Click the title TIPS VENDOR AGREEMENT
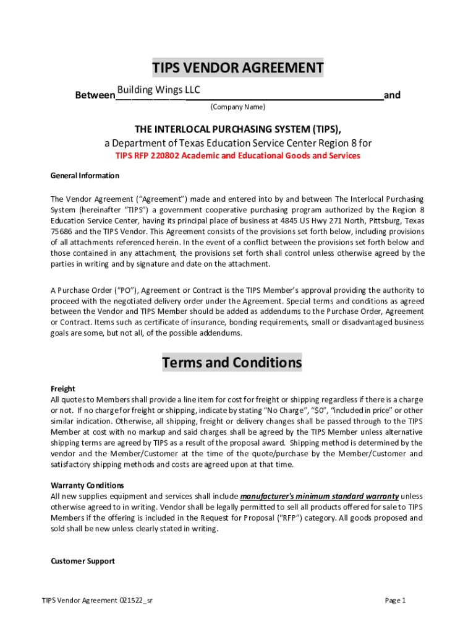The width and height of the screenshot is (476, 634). (238, 68)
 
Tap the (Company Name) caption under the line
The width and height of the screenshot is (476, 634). (237, 107)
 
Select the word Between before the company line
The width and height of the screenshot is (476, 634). (95, 95)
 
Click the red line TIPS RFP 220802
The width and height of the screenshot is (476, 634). (238, 155)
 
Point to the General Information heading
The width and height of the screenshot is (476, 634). (85, 175)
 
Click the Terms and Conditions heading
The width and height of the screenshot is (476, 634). (232, 362)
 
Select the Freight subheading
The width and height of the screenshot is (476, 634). (62, 389)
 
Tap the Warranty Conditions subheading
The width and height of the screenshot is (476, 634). (87, 485)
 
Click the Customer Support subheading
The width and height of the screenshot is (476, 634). (82, 561)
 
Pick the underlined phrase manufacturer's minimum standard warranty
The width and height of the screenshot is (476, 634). (319, 496)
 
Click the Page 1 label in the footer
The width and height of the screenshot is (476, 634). (395, 601)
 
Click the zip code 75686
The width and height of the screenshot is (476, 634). (62, 231)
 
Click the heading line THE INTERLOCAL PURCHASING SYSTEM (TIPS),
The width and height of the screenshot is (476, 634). (238, 129)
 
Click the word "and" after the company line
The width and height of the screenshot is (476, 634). (392, 95)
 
